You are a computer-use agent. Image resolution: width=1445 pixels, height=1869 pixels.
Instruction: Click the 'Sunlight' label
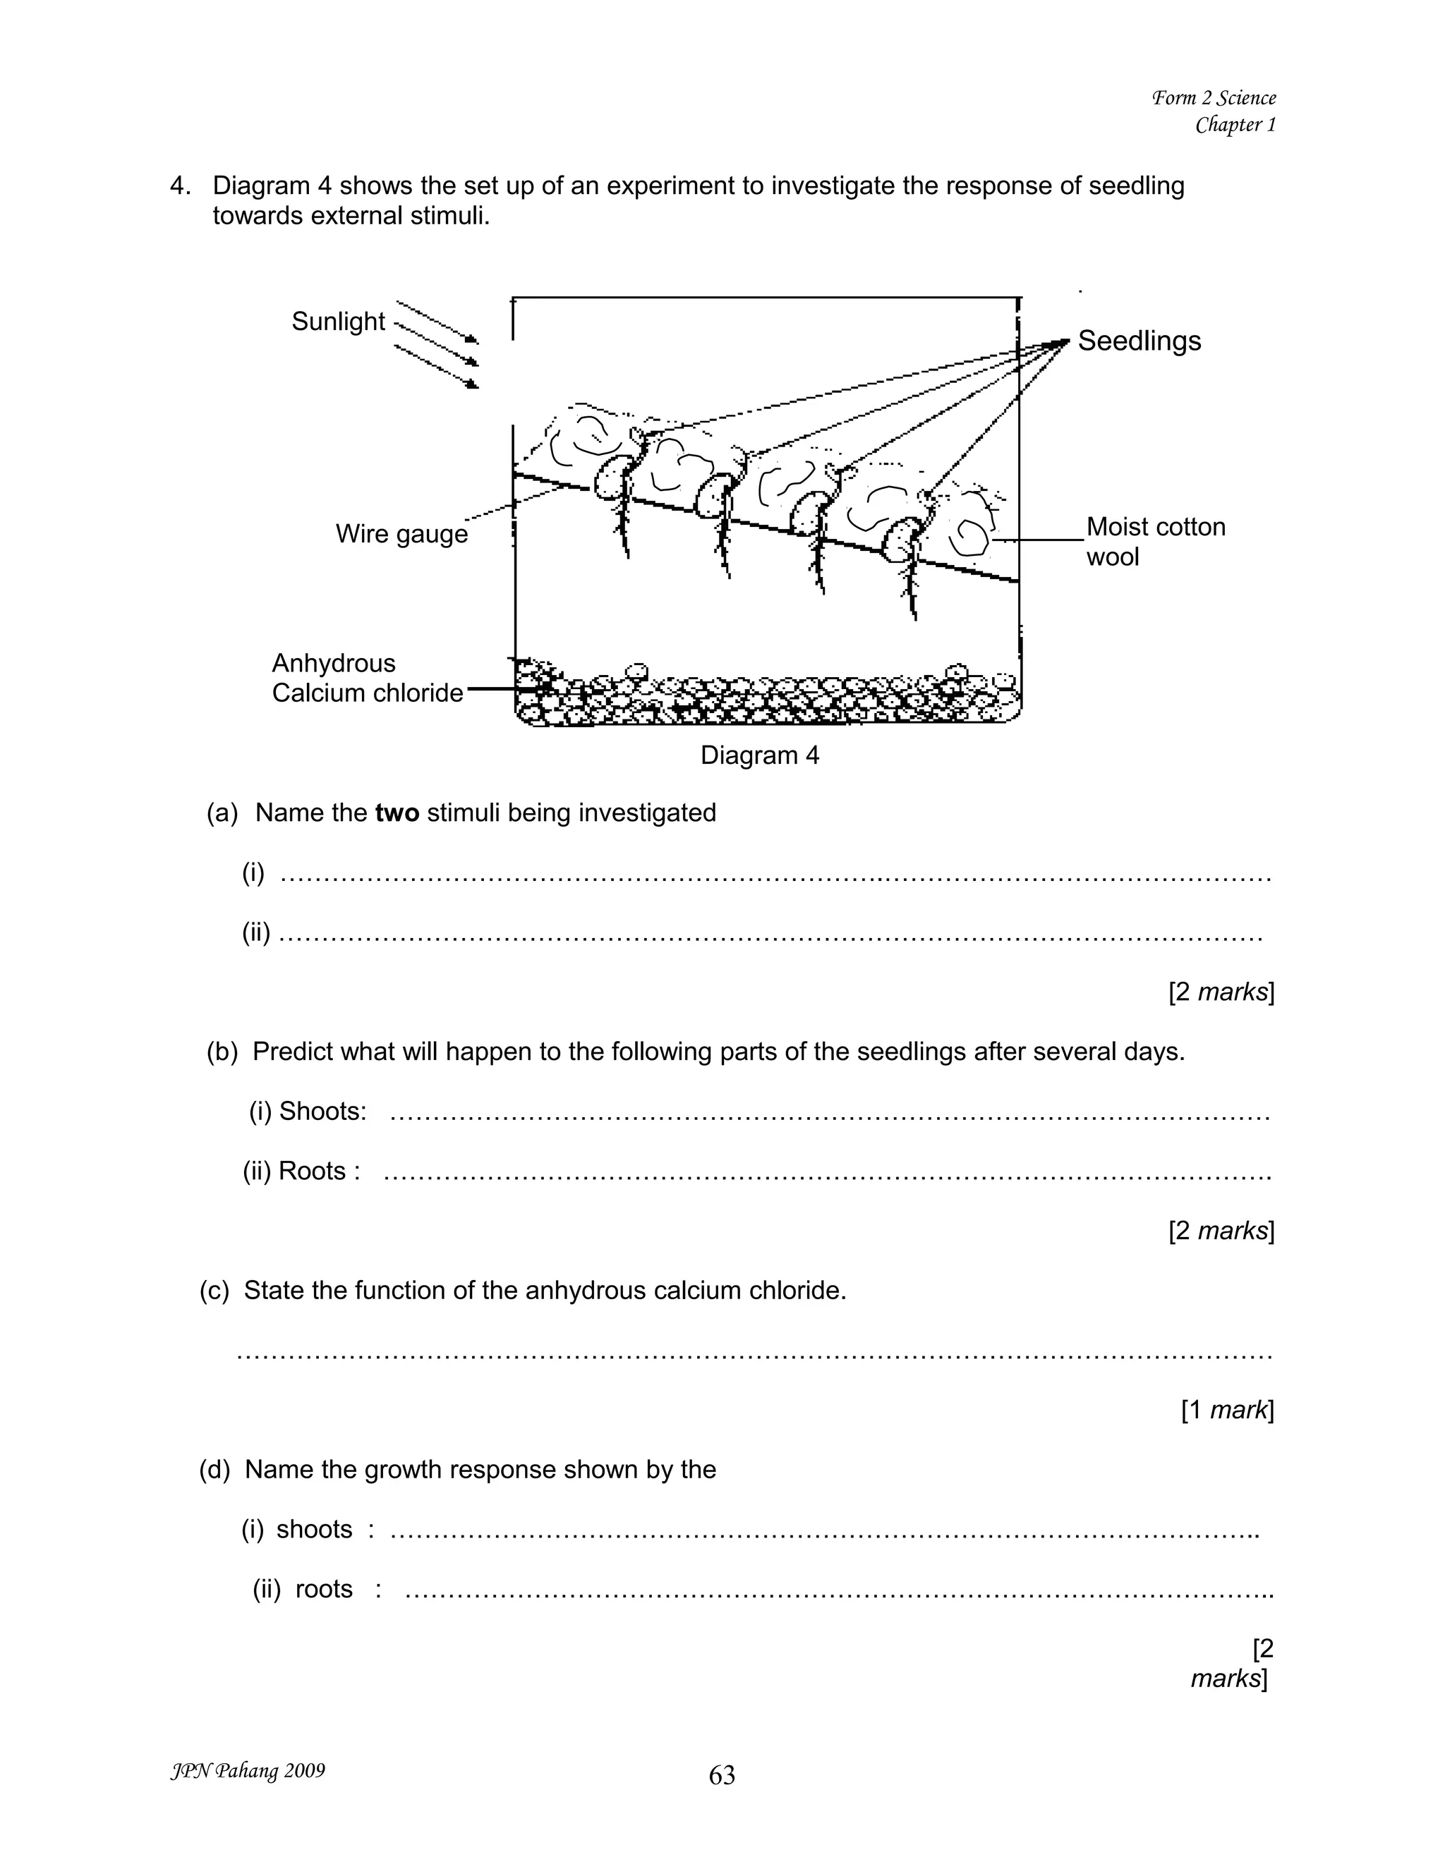pyautogui.click(x=338, y=322)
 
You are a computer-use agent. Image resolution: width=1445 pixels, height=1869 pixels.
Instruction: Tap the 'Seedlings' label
pyautogui.click(x=1139, y=341)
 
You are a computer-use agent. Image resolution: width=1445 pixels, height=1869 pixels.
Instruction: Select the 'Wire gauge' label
pyautogui.click(x=401, y=534)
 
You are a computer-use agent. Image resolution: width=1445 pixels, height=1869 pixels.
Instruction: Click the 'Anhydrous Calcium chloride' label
pyautogui.click(x=366, y=678)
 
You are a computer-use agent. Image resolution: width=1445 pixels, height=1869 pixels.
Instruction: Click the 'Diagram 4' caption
pyautogui.click(x=759, y=755)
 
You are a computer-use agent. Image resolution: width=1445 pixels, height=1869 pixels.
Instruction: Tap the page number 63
pyautogui.click(x=722, y=1775)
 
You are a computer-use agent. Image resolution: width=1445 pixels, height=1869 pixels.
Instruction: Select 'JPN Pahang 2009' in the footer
pyautogui.click(x=248, y=1770)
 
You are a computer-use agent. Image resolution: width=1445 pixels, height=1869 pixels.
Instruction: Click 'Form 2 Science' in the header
pyautogui.click(x=1213, y=97)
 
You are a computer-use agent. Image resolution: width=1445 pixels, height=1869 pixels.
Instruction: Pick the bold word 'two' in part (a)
pyautogui.click(x=397, y=812)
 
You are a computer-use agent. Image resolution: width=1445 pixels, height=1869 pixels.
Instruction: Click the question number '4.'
pyautogui.click(x=181, y=185)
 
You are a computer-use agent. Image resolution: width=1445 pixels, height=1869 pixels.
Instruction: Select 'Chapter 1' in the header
pyautogui.click(x=1235, y=125)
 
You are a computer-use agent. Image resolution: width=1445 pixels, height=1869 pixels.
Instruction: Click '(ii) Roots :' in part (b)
pyautogui.click(x=301, y=1171)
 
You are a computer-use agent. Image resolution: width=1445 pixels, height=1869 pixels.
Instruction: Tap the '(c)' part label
pyautogui.click(x=214, y=1290)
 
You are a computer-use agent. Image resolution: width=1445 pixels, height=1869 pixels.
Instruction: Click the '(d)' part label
pyautogui.click(x=215, y=1469)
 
